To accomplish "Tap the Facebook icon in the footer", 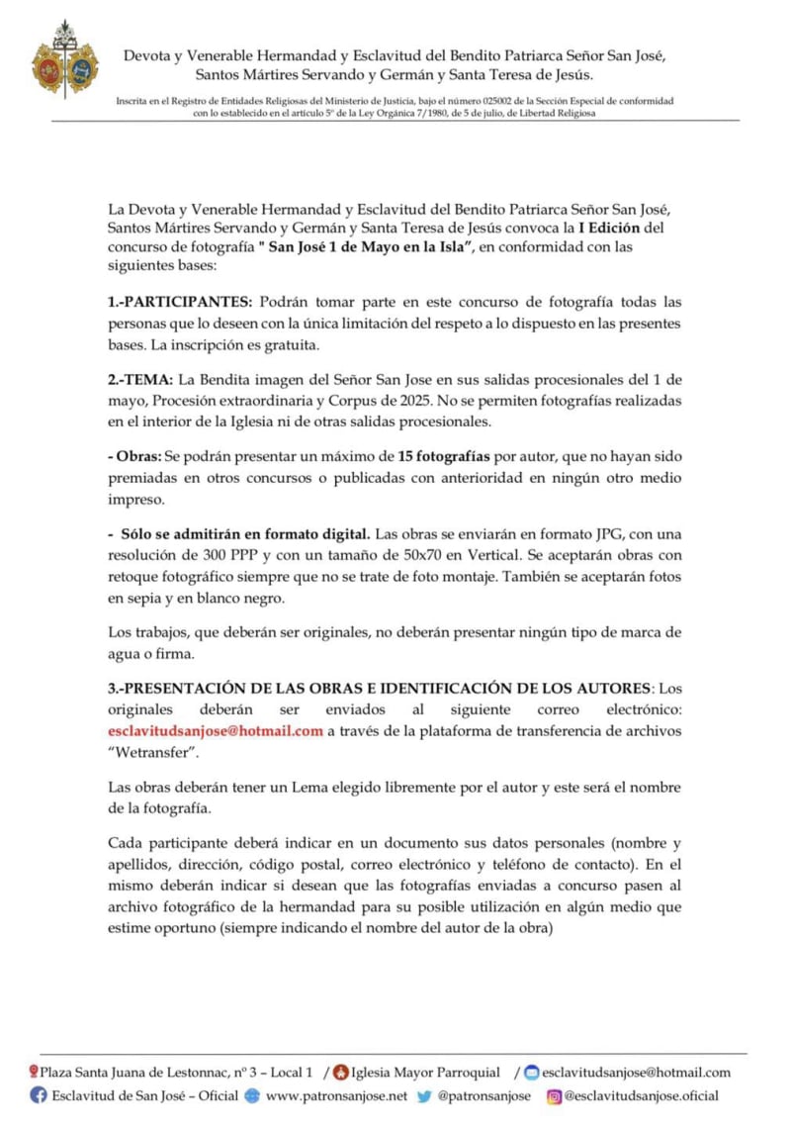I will (39, 1095).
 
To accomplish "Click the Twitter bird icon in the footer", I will (423, 1095).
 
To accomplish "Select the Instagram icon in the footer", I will (554, 1095).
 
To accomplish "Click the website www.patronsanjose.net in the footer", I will (336, 1095).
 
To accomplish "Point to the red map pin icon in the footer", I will (34, 1072).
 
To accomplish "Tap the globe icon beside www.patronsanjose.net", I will (252, 1095).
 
